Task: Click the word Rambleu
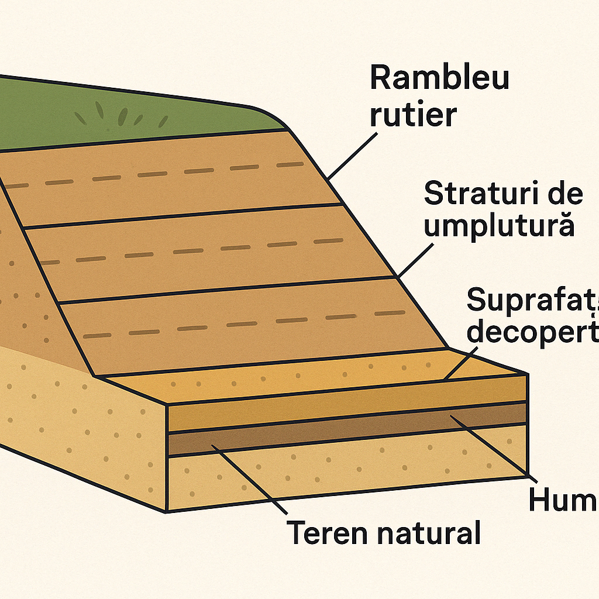[x=439, y=78]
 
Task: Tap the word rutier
[x=413, y=115]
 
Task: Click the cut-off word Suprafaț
[x=532, y=301]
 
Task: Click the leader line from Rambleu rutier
[x=351, y=154]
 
